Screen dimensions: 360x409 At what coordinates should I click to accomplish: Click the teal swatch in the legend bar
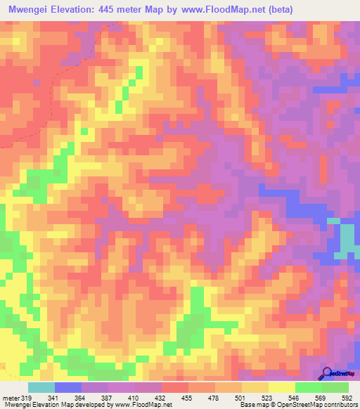pyautogui.click(x=41, y=387)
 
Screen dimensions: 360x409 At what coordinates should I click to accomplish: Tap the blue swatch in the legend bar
pyautogui.click(x=68, y=387)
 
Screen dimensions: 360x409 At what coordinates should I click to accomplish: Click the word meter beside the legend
pyautogui.click(x=10, y=397)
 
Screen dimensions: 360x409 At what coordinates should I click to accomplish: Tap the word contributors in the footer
pyautogui.click(x=339, y=405)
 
